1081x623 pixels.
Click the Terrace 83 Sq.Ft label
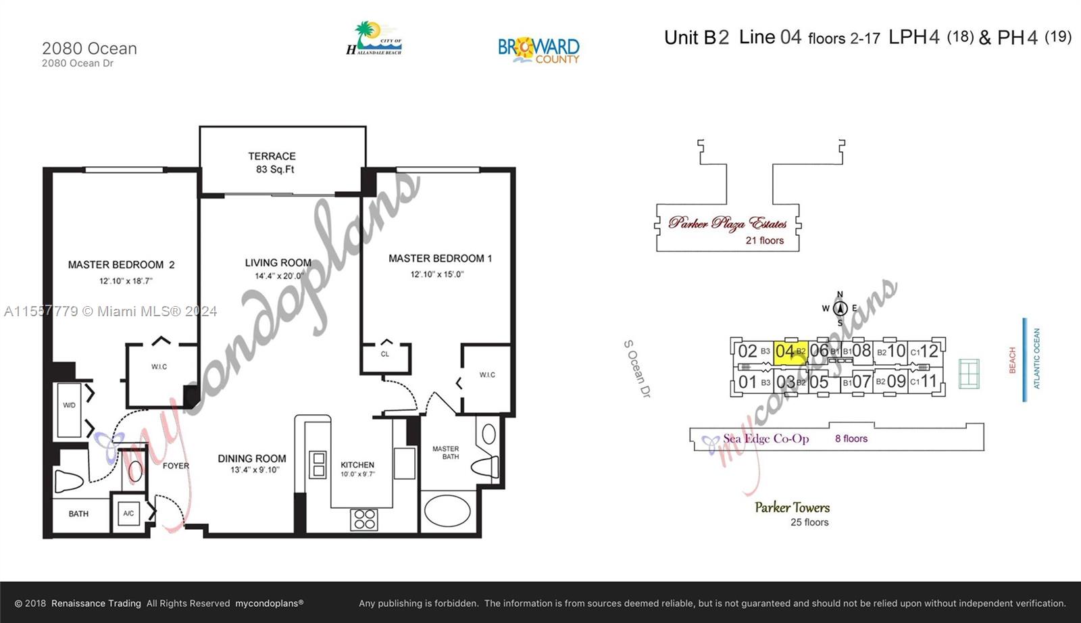(x=272, y=163)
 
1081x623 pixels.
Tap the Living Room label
(x=278, y=263)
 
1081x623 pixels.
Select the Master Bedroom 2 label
(x=121, y=265)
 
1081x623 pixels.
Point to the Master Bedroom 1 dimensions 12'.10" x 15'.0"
(x=436, y=274)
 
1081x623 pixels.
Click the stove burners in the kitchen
(x=364, y=519)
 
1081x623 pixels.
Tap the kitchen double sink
(x=318, y=465)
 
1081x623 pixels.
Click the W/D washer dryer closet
(x=70, y=409)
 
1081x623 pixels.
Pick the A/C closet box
(x=128, y=514)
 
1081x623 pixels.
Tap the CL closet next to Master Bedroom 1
(x=385, y=355)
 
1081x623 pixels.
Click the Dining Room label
(x=251, y=458)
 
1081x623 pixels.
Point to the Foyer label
(x=176, y=466)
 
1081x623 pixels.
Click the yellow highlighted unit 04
(x=789, y=351)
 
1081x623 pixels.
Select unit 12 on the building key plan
(x=929, y=351)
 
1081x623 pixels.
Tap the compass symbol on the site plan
(x=840, y=309)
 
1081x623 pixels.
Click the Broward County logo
(x=538, y=50)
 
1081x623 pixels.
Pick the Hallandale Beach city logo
(x=374, y=39)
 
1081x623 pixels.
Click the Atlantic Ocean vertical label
(x=1037, y=359)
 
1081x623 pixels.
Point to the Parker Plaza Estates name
(x=728, y=223)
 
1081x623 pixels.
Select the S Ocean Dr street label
(x=636, y=369)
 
